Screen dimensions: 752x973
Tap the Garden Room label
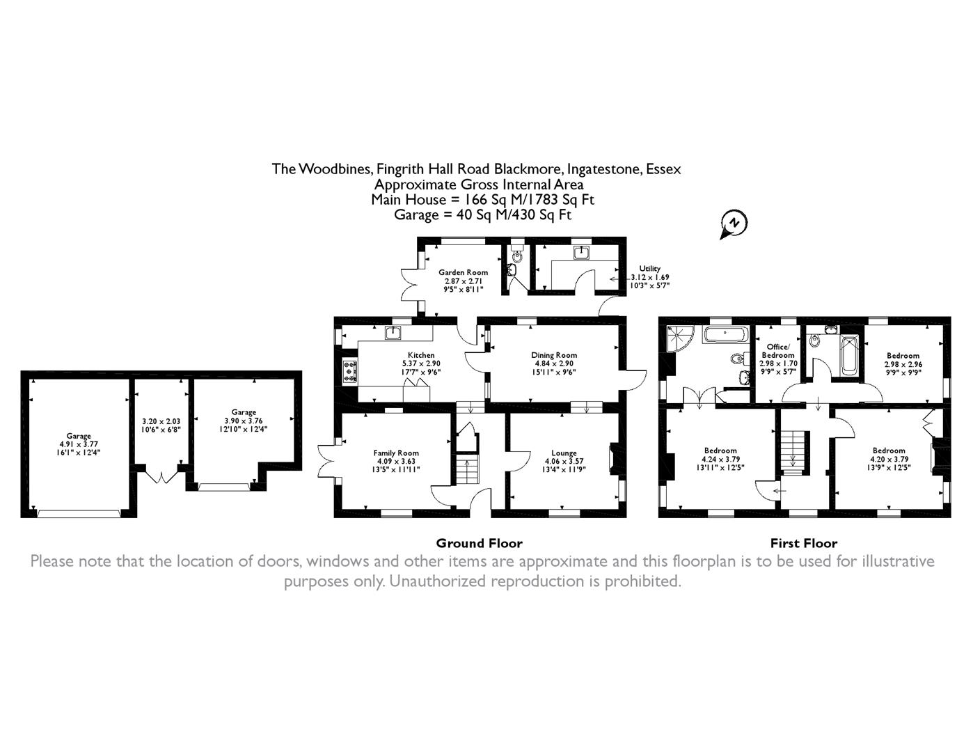[x=463, y=272]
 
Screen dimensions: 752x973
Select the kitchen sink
[x=394, y=332]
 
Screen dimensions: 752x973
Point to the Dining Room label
[x=554, y=355]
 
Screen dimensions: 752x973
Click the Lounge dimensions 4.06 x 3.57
[x=564, y=462]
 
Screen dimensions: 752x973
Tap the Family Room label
[x=396, y=453]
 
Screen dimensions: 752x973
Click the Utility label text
[x=649, y=269]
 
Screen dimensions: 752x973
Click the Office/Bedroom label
[x=777, y=351]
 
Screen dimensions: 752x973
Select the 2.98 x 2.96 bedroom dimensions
[x=903, y=364]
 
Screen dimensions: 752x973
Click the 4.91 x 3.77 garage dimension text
[x=79, y=444]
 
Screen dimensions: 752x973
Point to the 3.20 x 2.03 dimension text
[x=161, y=421]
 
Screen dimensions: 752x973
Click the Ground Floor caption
[x=479, y=543]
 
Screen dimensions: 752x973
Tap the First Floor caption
[x=803, y=543]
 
